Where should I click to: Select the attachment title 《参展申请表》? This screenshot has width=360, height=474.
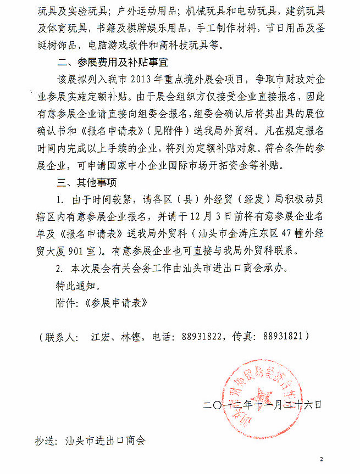click(x=117, y=302)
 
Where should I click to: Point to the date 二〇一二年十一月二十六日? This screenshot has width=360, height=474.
click(x=262, y=405)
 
